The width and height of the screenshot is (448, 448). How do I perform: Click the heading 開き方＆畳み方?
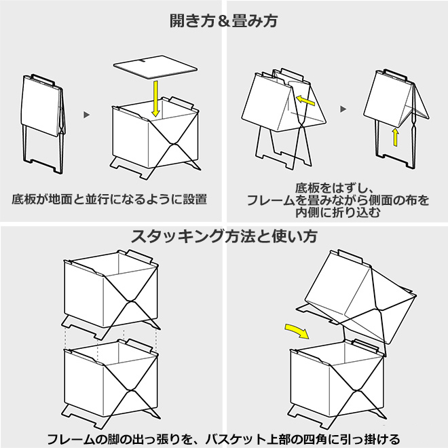[224, 21]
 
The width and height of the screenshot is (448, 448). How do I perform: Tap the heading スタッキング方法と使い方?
[224, 237]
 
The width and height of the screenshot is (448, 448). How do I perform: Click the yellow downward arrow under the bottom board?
[157, 98]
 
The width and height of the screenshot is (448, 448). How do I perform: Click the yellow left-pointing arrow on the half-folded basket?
[306, 101]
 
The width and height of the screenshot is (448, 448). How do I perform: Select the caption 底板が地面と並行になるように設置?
[109, 200]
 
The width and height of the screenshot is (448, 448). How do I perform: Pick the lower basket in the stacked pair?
[112, 384]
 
